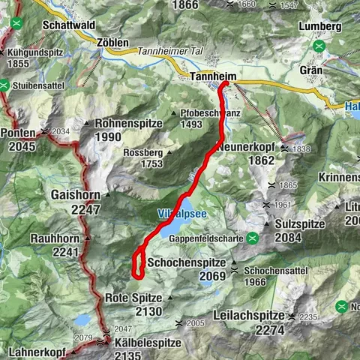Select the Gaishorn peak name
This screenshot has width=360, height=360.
click(76, 194)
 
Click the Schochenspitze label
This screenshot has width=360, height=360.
click(184, 262)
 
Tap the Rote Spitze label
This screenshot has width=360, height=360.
click(133, 297)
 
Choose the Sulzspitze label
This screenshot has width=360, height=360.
click(304, 223)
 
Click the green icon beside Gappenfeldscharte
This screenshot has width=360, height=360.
click(253, 238)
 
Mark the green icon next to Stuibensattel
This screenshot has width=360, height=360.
click(4, 85)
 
